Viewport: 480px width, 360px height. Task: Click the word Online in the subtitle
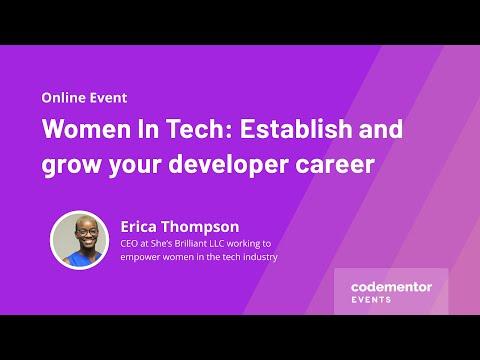tap(64, 98)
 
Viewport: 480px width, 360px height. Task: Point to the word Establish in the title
tap(296, 129)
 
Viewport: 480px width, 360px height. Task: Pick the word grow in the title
tap(71, 166)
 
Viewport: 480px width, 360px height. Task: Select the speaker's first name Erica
tap(138, 227)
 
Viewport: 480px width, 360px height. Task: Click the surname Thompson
tap(200, 228)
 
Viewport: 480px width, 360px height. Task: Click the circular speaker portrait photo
tap(80, 240)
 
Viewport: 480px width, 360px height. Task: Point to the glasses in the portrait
tap(86, 231)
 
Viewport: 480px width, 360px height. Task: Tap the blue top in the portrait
tap(83, 259)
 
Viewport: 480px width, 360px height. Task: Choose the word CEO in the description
tap(129, 244)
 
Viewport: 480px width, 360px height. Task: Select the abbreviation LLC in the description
tap(217, 244)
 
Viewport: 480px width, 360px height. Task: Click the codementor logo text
tap(391, 287)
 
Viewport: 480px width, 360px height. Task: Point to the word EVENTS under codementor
tap(371, 300)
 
